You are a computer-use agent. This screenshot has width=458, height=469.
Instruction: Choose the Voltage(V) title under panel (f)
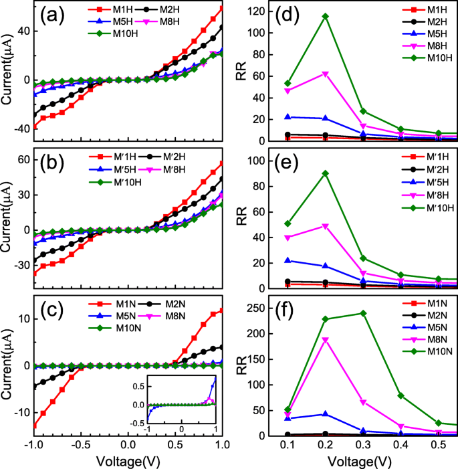(363, 460)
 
